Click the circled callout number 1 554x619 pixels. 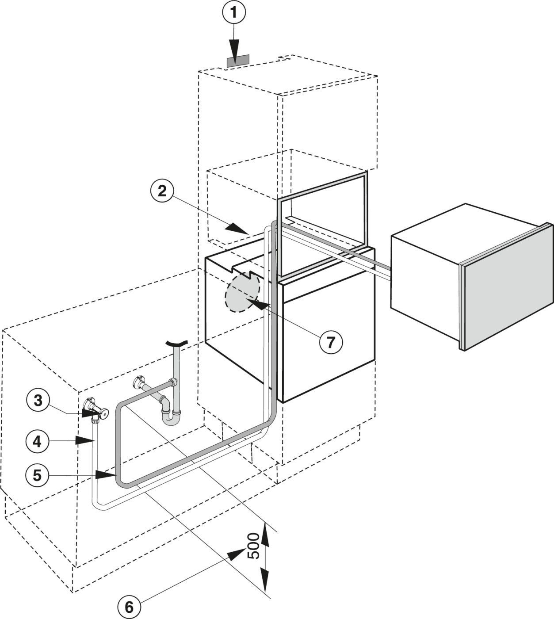235,13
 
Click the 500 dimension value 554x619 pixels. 252,545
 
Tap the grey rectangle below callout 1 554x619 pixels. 238,61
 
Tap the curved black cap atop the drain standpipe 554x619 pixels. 176,343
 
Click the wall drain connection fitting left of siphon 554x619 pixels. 139,383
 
